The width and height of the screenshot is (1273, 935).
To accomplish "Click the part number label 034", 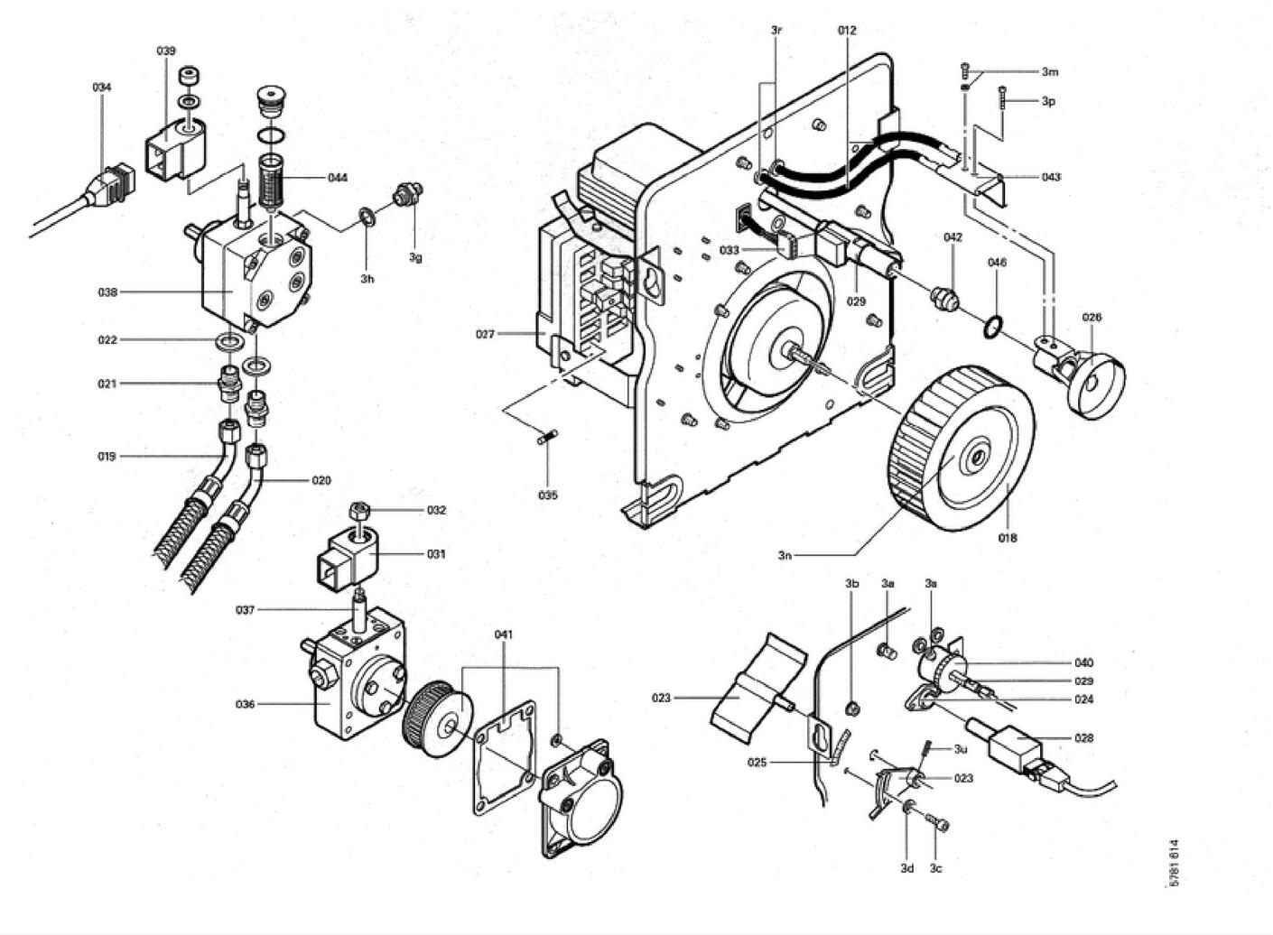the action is [102, 87].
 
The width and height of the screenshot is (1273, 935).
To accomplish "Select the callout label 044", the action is [338, 178].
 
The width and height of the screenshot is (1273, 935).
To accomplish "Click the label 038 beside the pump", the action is [107, 292].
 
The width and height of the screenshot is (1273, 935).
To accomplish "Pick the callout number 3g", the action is [415, 257].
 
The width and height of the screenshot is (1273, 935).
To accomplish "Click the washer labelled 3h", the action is [367, 217].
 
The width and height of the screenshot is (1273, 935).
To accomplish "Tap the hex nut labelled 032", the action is [358, 510].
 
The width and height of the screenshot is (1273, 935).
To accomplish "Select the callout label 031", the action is [436, 554].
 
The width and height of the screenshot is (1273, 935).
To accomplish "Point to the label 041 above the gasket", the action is [504, 634].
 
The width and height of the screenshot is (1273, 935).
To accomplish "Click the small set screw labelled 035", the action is [548, 438].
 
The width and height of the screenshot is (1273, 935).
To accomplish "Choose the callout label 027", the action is [486, 334].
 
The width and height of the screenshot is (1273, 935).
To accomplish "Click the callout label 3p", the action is [1048, 101].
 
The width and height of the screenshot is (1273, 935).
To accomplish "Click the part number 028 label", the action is [1084, 738].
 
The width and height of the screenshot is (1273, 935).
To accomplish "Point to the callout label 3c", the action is [936, 884].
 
